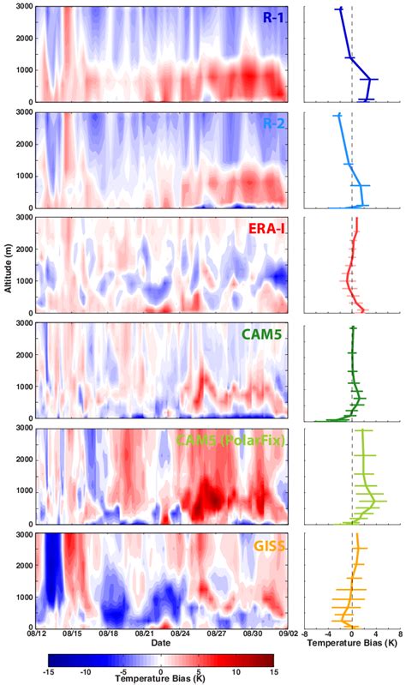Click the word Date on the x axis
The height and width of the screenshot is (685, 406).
click(x=161, y=643)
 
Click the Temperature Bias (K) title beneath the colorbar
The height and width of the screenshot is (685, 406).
click(x=161, y=679)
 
